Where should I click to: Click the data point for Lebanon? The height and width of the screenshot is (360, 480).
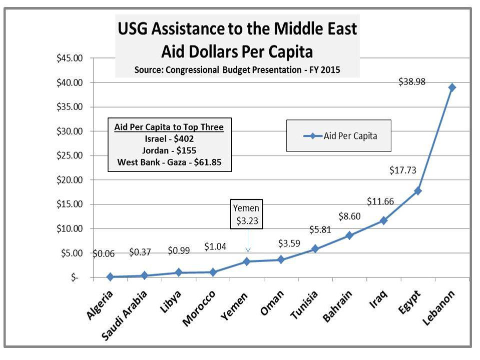pyautogui.click(x=452, y=87)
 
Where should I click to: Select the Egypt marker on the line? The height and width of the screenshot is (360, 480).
pyautogui.click(x=418, y=191)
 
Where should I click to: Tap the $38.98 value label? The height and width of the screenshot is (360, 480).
pyautogui.click(x=412, y=82)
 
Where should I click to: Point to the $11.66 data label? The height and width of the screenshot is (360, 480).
pyautogui.click(x=380, y=202)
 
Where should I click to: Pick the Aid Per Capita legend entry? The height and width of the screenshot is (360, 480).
pyautogui.click(x=338, y=135)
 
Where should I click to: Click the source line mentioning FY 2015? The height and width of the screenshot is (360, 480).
pyautogui.click(x=237, y=70)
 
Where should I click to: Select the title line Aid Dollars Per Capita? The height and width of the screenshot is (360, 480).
pyautogui.click(x=237, y=51)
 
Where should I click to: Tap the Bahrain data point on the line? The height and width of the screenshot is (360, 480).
pyautogui.click(x=349, y=235)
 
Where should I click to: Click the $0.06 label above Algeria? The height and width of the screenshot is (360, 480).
pyautogui.click(x=104, y=253)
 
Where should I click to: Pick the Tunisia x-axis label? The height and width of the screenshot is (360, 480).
pyautogui.click(x=304, y=305)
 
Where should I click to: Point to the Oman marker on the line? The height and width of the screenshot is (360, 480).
pyautogui.click(x=281, y=259)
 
